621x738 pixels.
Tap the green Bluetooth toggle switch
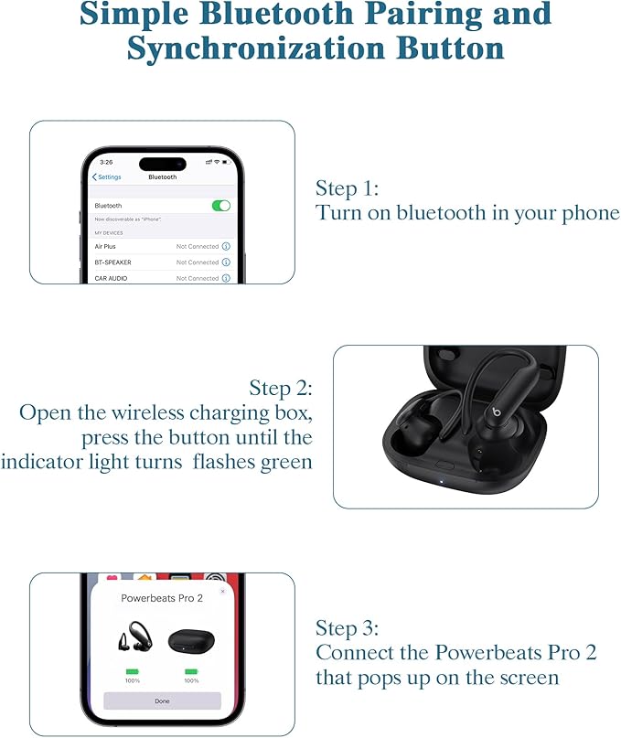(x=220, y=206)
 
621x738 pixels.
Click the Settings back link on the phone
(x=107, y=176)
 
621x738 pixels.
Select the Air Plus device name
(x=105, y=246)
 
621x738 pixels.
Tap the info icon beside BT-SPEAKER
(x=226, y=262)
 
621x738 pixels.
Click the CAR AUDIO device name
(x=111, y=278)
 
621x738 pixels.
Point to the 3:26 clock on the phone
(x=107, y=162)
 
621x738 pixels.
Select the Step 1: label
(x=347, y=188)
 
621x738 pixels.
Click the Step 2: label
(x=281, y=387)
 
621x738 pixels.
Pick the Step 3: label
(x=347, y=628)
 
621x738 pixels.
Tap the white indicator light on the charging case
(x=441, y=478)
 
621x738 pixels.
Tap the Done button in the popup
(x=162, y=701)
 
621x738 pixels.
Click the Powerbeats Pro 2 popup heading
(x=162, y=597)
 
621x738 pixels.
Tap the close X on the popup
(x=222, y=591)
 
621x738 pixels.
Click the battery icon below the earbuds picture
(x=132, y=672)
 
